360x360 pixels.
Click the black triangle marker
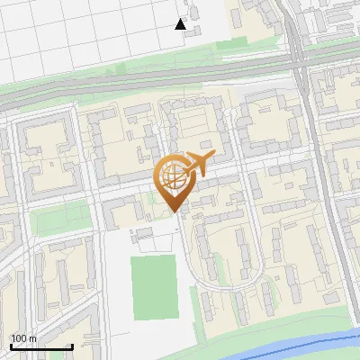181,24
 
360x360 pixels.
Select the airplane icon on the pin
197,165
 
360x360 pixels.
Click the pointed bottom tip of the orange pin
173,212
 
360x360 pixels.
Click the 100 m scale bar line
40,346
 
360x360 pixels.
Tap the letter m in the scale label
34,338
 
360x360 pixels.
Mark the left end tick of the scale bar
10,346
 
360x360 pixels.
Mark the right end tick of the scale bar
72,346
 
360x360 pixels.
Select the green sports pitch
154,287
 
